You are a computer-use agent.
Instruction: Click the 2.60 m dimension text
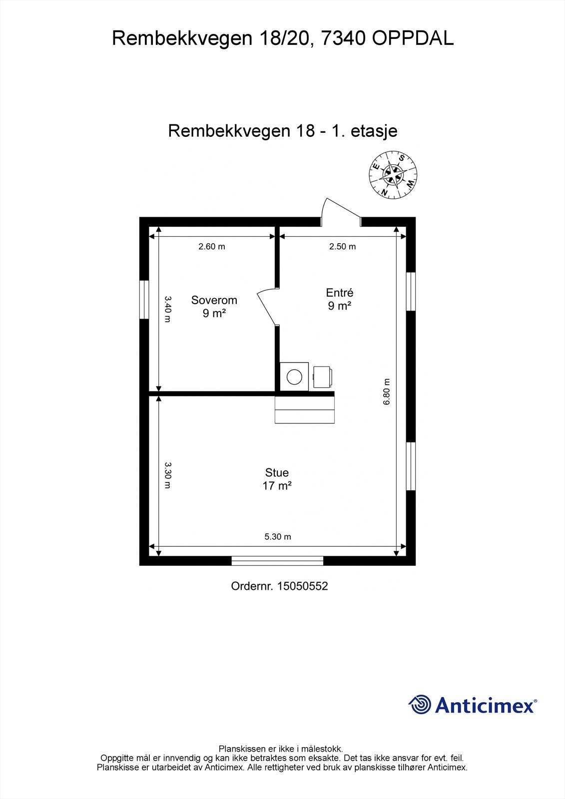tap(212, 247)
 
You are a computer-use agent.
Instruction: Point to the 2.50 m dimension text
tap(342, 247)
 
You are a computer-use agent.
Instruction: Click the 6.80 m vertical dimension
tap(386, 393)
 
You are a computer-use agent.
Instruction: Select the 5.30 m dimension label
tap(278, 537)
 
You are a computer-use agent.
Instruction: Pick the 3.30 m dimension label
tap(168, 475)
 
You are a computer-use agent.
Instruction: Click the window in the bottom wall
tap(278, 561)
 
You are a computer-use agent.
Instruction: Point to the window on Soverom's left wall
tap(144, 300)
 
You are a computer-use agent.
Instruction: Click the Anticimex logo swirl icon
tap(420, 705)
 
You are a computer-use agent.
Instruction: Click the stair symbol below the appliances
tap(304, 410)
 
